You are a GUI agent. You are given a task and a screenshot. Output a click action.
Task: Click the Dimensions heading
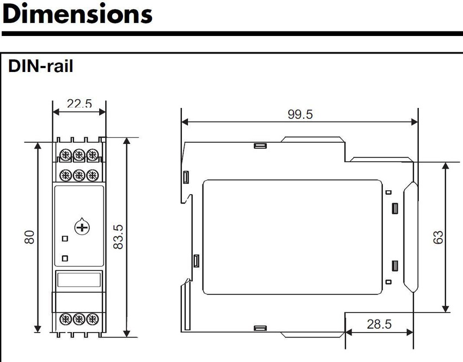[x=77, y=14]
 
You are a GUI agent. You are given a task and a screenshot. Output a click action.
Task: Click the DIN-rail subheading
[x=40, y=66]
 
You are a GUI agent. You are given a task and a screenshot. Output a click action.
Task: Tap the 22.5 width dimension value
[x=80, y=103]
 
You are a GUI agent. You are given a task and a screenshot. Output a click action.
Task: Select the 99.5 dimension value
[x=300, y=114]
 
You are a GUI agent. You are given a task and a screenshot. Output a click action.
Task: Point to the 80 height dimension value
[x=29, y=237]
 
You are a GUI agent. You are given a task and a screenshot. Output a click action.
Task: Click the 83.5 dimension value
[x=118, y=237]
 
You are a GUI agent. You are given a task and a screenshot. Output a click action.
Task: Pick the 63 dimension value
[x=438, y=237]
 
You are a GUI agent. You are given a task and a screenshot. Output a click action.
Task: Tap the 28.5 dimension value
[x=379, y=324]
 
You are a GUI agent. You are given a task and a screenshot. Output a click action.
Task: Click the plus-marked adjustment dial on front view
[x=82, y=227]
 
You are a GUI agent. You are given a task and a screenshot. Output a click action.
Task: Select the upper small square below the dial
[x=65, y=238]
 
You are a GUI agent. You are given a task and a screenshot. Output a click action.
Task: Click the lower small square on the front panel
[x=65, y=258]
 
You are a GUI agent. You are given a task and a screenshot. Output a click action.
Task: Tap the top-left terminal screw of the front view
[x=65, y=155]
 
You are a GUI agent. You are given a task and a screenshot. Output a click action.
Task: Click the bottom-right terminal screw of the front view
[x=93, y=319]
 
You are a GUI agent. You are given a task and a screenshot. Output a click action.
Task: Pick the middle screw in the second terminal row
[x=79, y=175]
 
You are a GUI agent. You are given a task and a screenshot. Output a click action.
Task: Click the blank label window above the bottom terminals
[x=79, y=280]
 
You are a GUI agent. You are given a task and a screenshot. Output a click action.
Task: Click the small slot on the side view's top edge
[x=260, y=146]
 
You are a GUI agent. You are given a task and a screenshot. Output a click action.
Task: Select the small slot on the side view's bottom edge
[x=260, y=328]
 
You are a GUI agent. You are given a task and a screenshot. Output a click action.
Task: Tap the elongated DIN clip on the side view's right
[x=411, y=237]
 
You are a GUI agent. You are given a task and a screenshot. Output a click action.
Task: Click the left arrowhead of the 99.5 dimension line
[x=185, y=122]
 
